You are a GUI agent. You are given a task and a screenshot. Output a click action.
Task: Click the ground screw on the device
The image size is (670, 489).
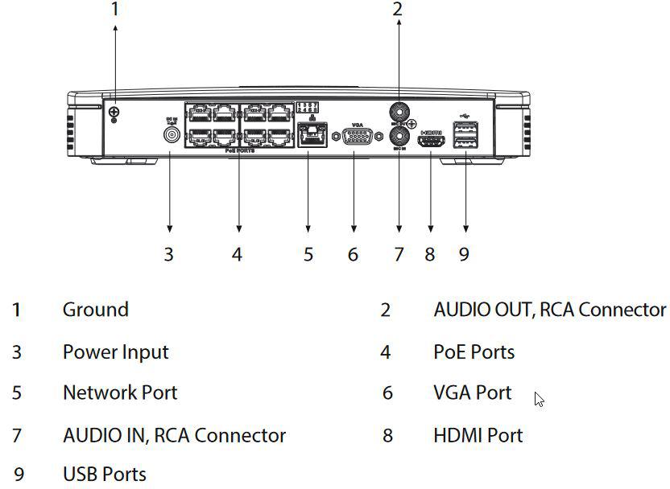pos(114,112)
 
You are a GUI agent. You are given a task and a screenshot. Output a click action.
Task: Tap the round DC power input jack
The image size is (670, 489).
pos(170,134)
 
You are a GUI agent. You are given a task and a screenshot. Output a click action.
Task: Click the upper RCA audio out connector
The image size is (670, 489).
pos(398,109)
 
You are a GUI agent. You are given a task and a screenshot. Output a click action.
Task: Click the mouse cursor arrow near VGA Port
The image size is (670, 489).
pos(539,399)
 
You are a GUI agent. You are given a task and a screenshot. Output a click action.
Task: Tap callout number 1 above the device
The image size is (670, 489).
pos(115,10)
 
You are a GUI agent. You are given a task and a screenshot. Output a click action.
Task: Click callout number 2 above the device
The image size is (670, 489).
pos(397,10)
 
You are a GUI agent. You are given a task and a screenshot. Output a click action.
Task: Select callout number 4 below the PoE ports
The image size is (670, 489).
pos(237,254)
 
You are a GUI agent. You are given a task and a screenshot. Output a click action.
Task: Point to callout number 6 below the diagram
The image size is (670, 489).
pos(353,254)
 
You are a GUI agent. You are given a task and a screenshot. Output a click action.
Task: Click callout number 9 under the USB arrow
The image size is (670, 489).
pos(464,254)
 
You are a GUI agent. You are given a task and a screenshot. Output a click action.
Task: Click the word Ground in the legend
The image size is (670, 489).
pos(95,310)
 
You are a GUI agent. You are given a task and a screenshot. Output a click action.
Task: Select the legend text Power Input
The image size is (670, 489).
pos(115,351)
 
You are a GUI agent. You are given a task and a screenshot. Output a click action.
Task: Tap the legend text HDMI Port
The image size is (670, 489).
pos(478,435)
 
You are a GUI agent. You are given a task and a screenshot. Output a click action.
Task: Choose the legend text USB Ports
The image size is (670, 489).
pos(104,474)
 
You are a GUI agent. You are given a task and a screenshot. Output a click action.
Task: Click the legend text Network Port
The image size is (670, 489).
pos(119,392)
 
